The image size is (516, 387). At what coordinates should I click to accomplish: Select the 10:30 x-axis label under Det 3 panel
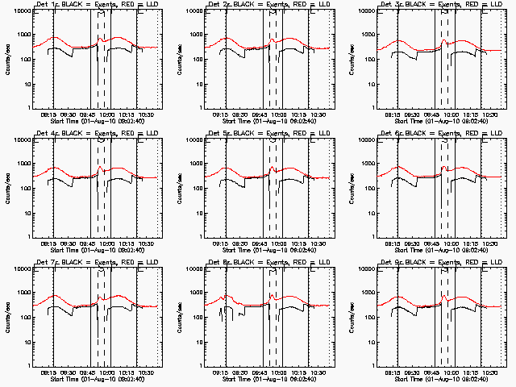pyautogui.click(x=489, y=114)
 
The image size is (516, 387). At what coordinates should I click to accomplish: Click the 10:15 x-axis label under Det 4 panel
pyautogui.click(x=126, y=243)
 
